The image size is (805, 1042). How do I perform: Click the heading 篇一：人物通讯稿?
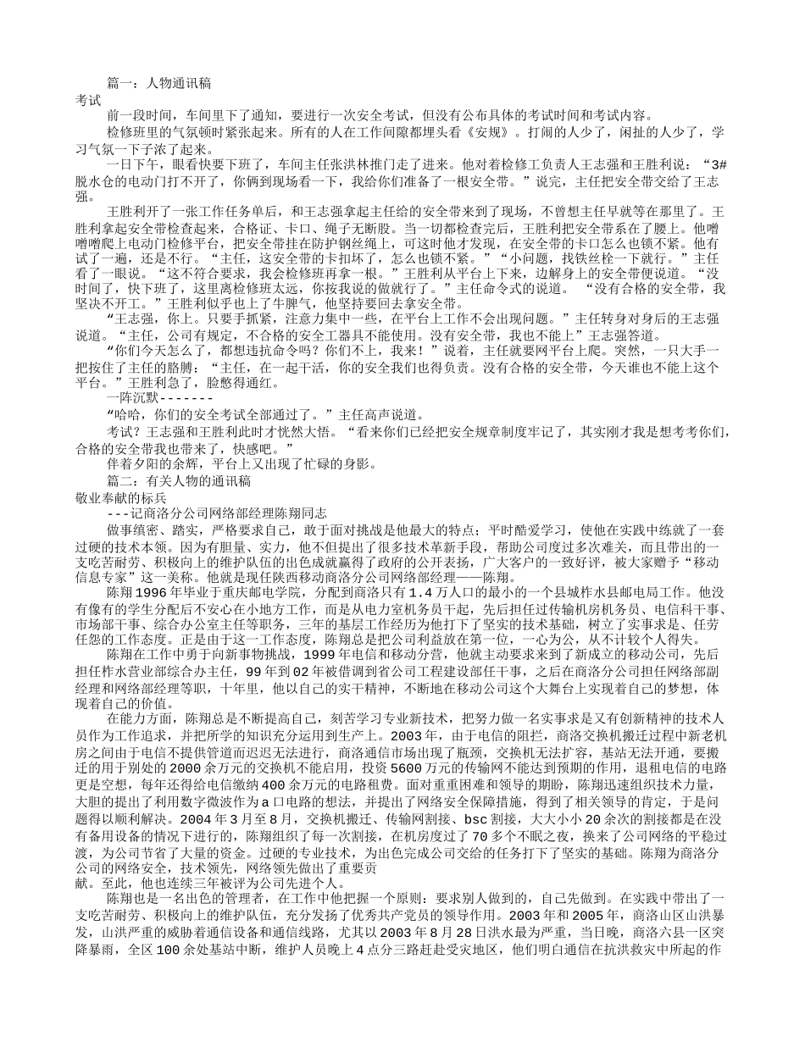pyautogui.click(x=159, y=83)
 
